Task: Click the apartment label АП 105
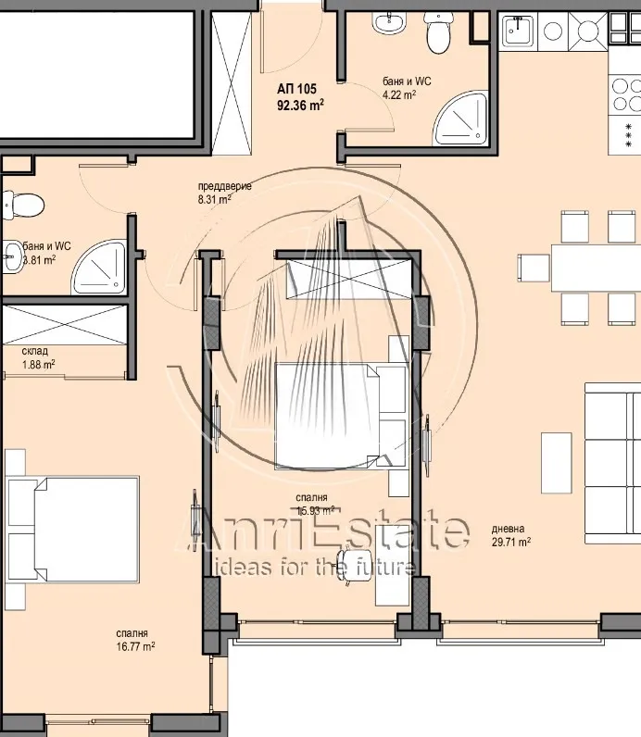[x=296, y=89]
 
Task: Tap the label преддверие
[x=224, y=186]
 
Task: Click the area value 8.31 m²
[x=214, y=198]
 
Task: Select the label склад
[x=35, y=352]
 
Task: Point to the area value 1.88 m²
[x=38, y=364]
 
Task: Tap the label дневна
[x=509, y=530]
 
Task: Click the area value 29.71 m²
[x=511, y=543]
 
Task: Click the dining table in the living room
[x=596, y=267]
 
